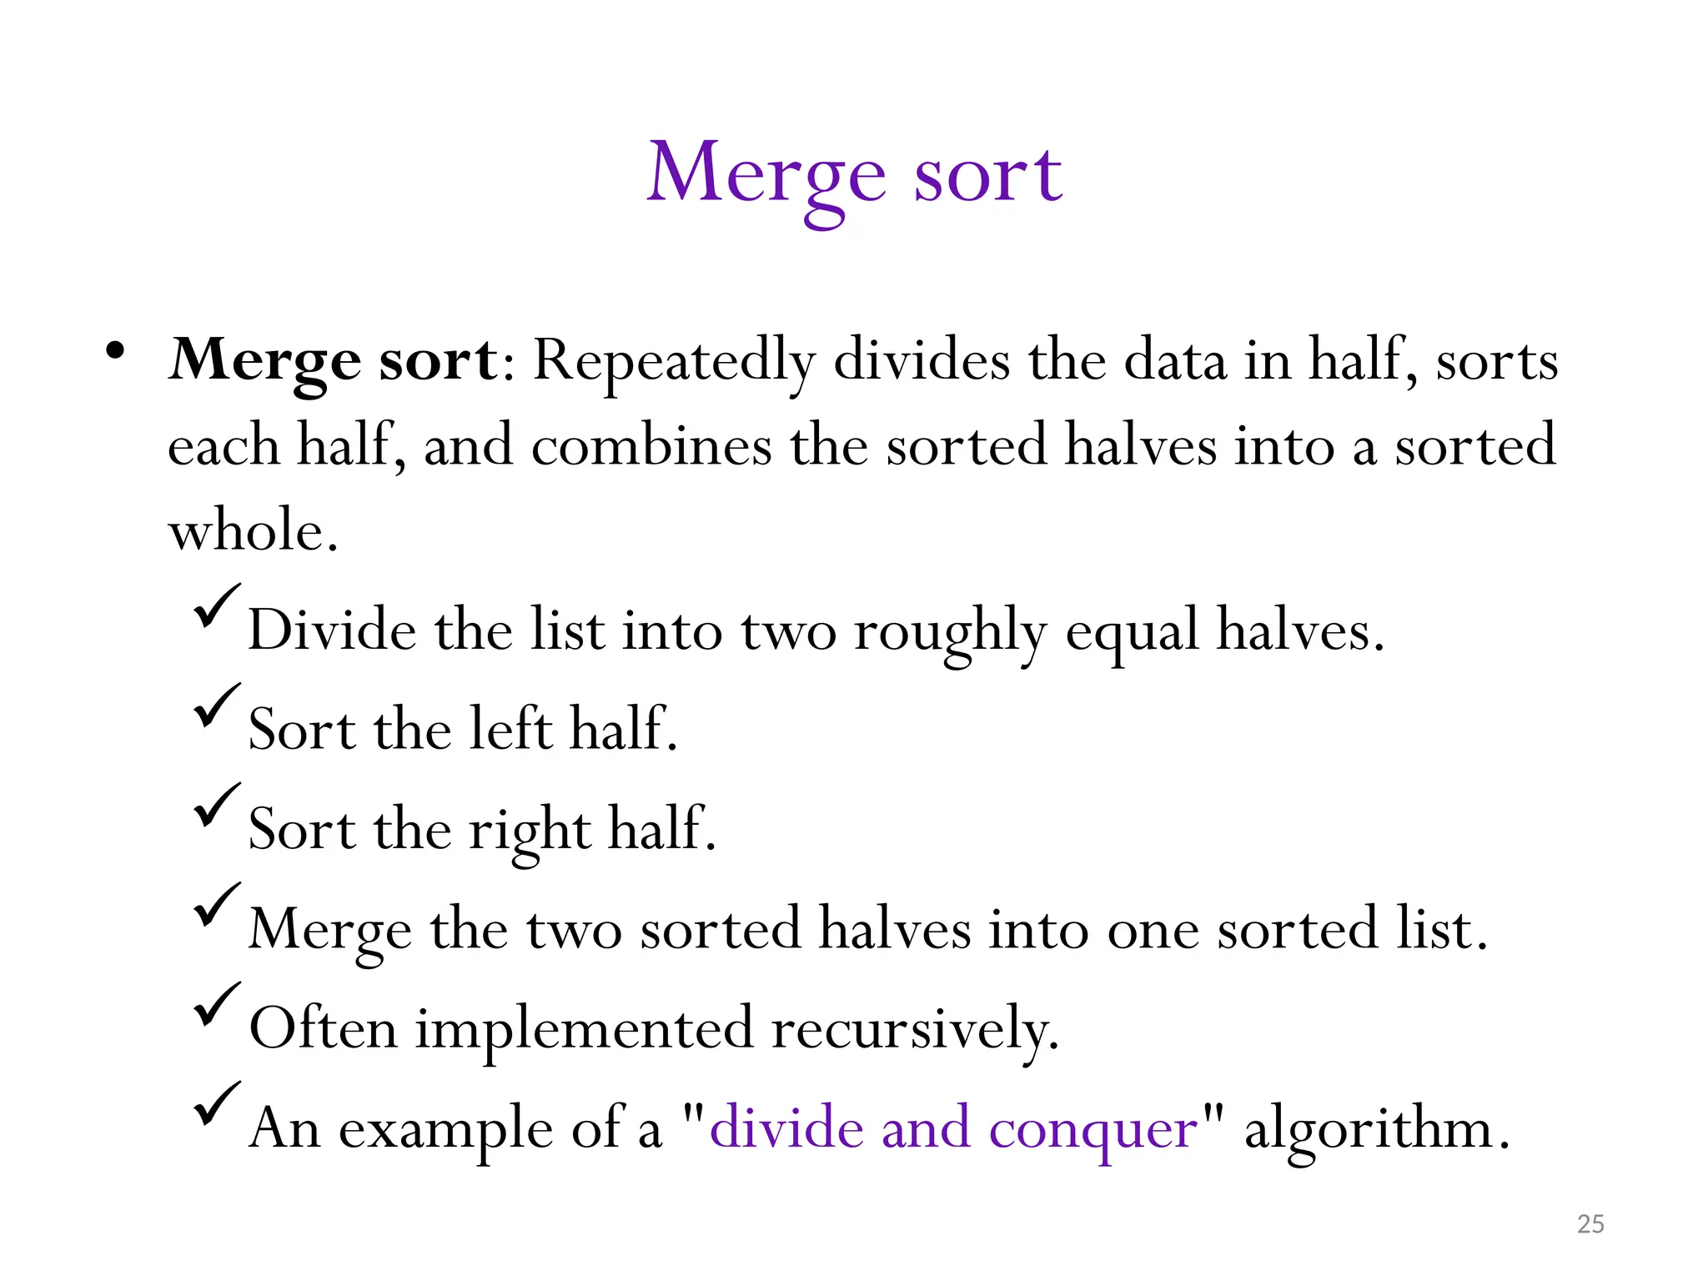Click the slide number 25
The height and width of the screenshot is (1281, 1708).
[x=1590, y=1223]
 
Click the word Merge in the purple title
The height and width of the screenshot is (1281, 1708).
[x=766, y=175]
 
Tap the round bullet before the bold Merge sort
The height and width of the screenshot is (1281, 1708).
[x=115, y=351]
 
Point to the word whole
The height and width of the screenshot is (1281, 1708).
[x=252, y=530]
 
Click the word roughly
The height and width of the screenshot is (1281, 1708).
[x=949, y=631]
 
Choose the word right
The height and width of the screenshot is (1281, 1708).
[x=530, y=831]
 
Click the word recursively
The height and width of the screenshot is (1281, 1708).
[x=915, y=1029]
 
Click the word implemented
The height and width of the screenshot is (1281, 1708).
[x=585, y=1029]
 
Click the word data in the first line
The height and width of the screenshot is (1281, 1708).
[x=1175, y=360]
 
